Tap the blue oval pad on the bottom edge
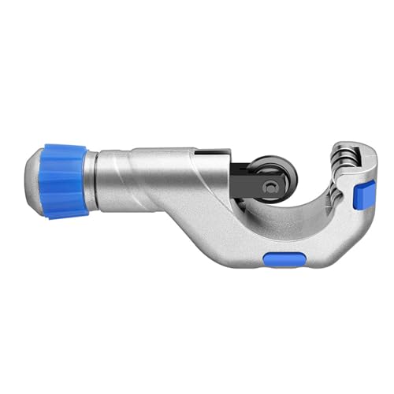point(283,259)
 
